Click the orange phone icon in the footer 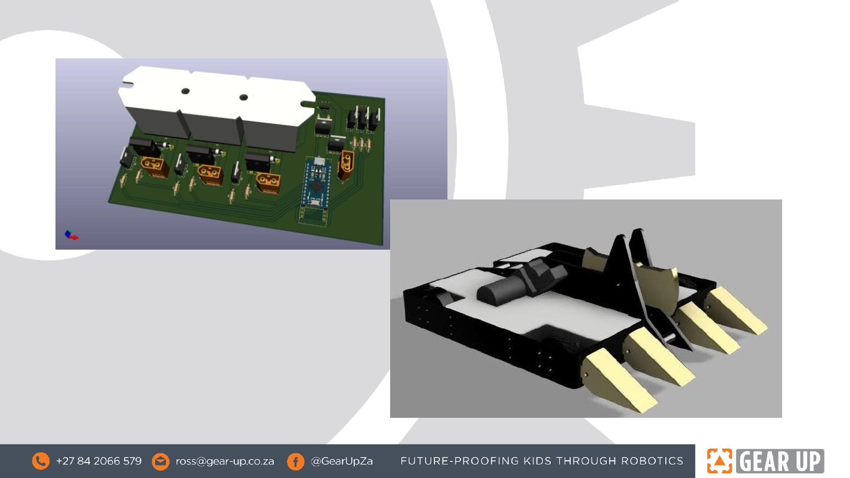point(41,461)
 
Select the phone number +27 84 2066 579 point(99,461)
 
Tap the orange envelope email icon point(161,461)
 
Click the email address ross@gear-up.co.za point(225,461)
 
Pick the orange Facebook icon point(296,461)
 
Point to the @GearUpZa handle point(342,461)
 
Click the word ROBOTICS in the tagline point(652,461)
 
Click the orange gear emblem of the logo point(720,461)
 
